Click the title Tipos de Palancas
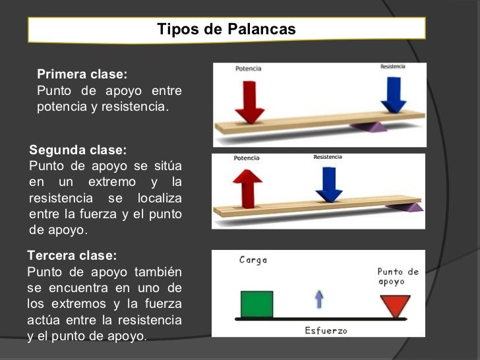[x=226, y=30]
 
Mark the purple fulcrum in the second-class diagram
[x=411, y=206]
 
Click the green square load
[x=256, y=304]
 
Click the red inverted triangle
[x=396, y=306]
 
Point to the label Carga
[x=253, y=260]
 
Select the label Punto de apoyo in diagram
[x=398, y=276]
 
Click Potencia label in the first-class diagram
[x=248, y=69]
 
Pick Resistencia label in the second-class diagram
[x=328, y=157]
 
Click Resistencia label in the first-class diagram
[x=392, y=67]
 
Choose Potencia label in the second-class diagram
[x=247, y=158]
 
